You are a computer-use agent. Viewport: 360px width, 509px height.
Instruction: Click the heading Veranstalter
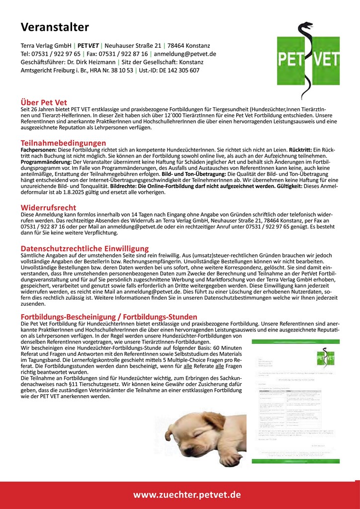tap(55, 27)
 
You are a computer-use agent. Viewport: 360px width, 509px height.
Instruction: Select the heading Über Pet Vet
tap(44, 103)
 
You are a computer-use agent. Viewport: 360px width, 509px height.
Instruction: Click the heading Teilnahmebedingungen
tap(63, 143)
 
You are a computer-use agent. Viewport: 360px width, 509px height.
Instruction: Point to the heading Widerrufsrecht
tap(49, 207)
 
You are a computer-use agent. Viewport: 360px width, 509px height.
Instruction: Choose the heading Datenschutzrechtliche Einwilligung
tap(85, 248)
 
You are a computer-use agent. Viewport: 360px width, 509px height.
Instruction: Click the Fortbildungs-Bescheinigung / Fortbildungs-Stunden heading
tap(109, 317)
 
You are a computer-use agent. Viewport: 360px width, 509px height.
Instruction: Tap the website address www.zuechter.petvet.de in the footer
tap(187, 495)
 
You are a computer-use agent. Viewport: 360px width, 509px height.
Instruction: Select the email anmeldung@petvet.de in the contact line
tap(185, 54)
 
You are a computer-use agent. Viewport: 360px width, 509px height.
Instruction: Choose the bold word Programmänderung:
tap(46, 162)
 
